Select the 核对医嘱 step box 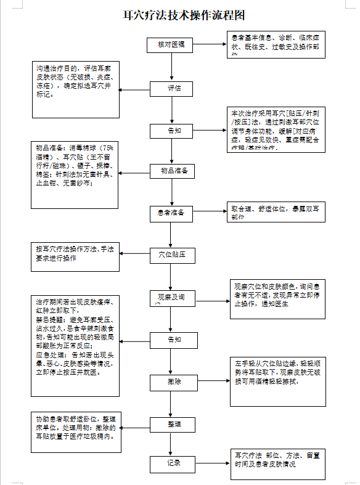coord(171,45)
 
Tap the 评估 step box coord(174,88)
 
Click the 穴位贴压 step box coord(173,253)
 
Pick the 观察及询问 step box coord(172,298)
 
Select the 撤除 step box coord(174,381)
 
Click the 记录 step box coord(173,462)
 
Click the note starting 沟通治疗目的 coord(76,89)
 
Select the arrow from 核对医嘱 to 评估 coord(171,67)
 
